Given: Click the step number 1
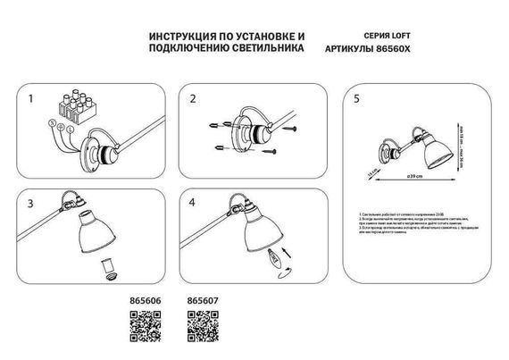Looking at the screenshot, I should [x=31, y=99].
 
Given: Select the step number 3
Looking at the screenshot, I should [x=31, y=205].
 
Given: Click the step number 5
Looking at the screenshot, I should [x=356, y=99].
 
